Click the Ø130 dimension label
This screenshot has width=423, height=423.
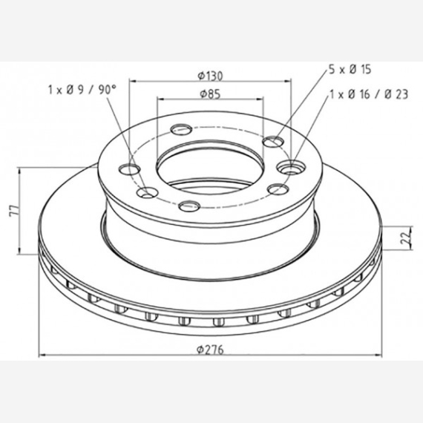[210, 76]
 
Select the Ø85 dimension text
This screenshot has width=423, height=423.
[210, 94]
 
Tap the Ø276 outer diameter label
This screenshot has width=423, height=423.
[210, 350]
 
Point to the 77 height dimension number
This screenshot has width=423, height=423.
[14, 211]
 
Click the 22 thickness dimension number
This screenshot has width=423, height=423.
[406, 238]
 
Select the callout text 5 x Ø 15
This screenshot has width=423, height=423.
[350, 69]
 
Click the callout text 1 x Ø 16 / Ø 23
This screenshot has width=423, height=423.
[369, 94]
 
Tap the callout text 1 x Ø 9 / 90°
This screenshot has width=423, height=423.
[82, 90]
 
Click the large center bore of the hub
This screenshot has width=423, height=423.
[210, 167]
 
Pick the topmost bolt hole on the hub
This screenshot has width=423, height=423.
[181, 129]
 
